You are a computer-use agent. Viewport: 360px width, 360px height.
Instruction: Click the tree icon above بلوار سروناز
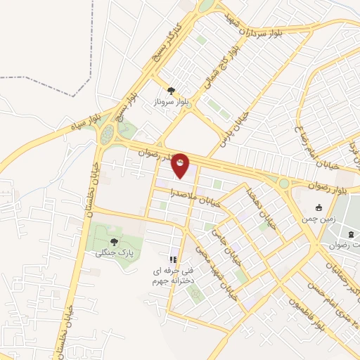click(x=171, y=90)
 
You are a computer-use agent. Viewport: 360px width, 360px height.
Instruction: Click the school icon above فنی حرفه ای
click(x=173, y=259)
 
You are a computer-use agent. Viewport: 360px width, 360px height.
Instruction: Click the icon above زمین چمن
click(x=319, y=207)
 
